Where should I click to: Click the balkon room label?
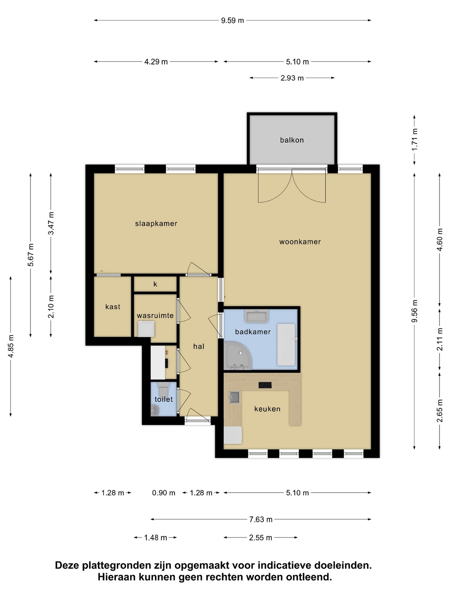point(292,140)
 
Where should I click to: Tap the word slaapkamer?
point(156,224)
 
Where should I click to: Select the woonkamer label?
point(300,242)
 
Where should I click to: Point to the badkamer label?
point(253,332)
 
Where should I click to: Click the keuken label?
point(267,409)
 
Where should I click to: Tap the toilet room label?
point(164,399)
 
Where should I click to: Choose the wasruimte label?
point(155,315)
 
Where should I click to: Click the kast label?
point(112,307)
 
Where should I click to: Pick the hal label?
point(199,346)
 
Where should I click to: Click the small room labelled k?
point(155,284)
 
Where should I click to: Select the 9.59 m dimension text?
point(232,20)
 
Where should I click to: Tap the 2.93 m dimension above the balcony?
point(292,78)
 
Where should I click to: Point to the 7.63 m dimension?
point(261,519)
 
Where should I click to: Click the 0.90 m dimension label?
point(164,493)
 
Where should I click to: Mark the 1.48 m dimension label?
point(155,537)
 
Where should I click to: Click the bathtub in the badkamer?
point(286,345)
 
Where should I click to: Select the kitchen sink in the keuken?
point(235,397)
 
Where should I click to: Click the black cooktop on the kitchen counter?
point(265,385)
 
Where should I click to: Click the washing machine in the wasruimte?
point(146,329)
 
